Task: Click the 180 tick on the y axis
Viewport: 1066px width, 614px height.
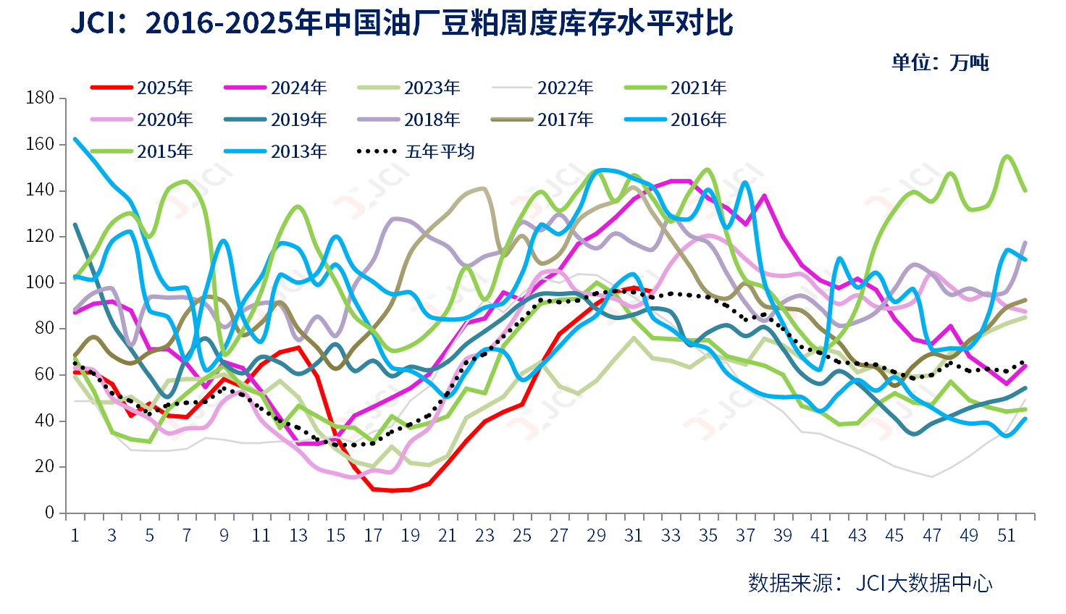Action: coord(40,98)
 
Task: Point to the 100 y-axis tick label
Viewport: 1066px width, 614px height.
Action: coord(40,282)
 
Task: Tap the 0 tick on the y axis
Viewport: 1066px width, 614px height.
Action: coord(49,513)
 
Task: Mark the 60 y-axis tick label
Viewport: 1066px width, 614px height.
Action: coord(44,374)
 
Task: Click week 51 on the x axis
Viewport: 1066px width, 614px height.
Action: coord(1006,535)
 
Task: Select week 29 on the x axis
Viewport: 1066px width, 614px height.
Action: coord(596,535)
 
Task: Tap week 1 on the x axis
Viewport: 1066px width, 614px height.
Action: coord(75,535)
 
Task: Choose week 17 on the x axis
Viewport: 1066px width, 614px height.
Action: coord(373,535)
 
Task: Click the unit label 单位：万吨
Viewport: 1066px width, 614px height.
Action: coord(940,62)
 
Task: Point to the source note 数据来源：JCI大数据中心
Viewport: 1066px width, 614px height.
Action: coord(870,583)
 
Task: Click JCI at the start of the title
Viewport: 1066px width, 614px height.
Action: coord(92,23)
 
